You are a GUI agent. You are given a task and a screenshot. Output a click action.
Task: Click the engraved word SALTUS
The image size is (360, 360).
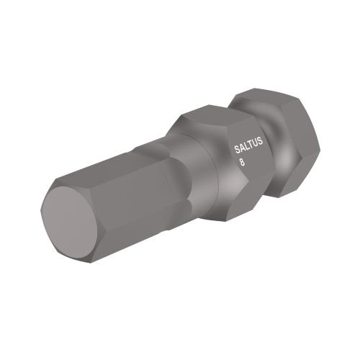point(250,149)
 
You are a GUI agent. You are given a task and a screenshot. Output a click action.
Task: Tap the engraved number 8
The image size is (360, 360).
point(242,163)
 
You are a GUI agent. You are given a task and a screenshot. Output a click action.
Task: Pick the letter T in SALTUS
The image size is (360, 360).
point(251,149)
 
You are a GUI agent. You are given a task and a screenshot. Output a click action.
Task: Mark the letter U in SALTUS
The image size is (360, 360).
point(256,148)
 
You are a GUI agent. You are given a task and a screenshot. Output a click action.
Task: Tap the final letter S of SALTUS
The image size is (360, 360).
point(261,147)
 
